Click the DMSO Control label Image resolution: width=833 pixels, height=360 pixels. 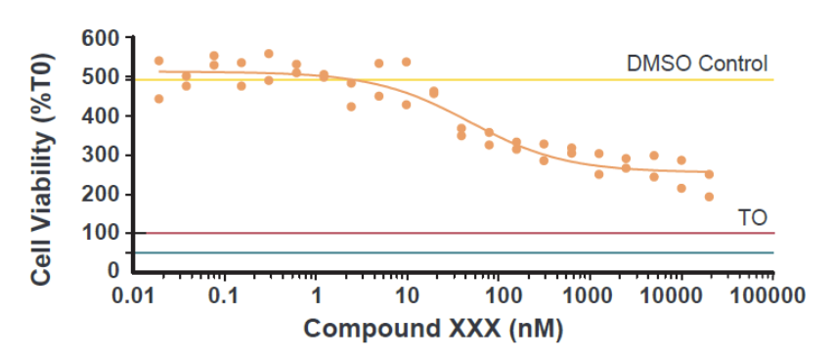click(x=697, y=64)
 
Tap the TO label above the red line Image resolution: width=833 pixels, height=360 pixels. click(x=752, y=217)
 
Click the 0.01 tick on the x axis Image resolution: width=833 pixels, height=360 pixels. click(x=135, y=294)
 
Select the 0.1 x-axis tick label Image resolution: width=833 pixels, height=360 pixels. click(x=225, y=294)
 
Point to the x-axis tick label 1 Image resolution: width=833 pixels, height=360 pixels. click(x=317, y=294)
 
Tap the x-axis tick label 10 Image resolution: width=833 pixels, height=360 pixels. click(x=407, y=294)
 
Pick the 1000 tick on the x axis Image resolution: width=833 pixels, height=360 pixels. click(x=590, y=294)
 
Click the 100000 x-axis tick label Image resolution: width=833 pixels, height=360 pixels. click(x=772, y=294)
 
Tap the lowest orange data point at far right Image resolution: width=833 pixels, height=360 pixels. click(x=709, y=197)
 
